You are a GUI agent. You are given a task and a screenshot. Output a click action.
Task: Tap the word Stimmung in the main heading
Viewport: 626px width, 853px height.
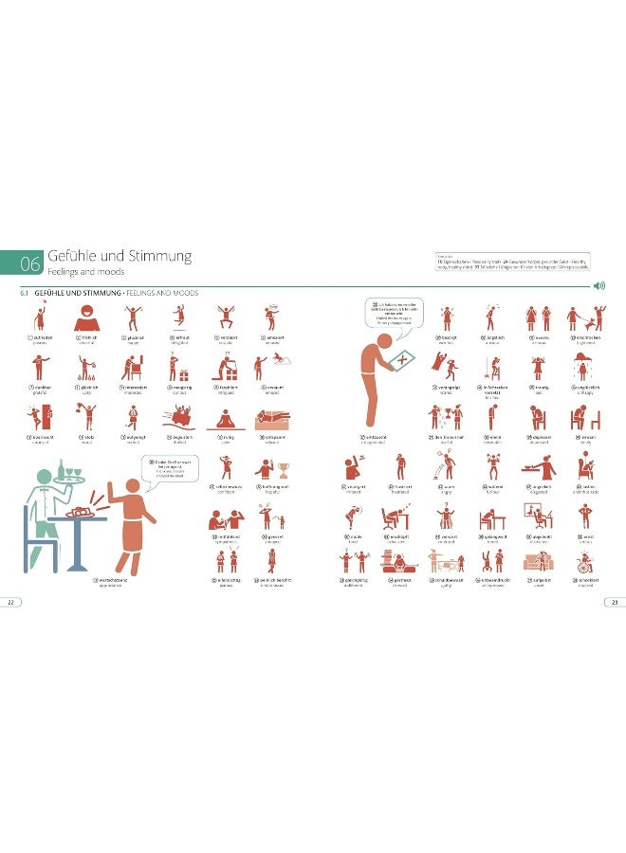point(160,256)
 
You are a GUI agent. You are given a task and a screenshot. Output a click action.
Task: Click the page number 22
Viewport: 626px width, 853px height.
point(9,601)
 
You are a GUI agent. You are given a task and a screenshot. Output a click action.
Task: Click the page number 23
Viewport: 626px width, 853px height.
point(615,601)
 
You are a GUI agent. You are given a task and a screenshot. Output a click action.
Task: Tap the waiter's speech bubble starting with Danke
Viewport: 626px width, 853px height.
point(161,467)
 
